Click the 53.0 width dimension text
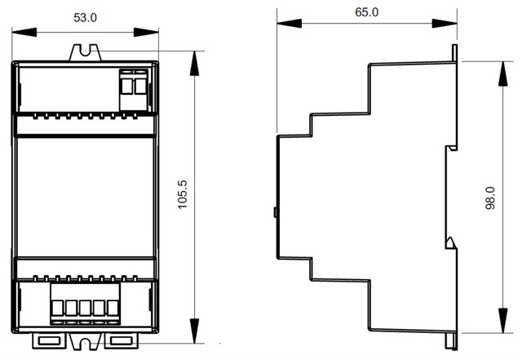coord(85,18)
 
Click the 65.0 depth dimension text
coord(366,12)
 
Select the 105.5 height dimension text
coord(183,194)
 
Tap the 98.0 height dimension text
coord(490,198)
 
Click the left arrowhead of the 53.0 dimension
coord(24,33)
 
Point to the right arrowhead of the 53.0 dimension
coord(146,33)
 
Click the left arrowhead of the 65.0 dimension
coord(289,24)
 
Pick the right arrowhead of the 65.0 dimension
coord(445,24)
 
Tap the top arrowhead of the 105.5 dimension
coord(194,64)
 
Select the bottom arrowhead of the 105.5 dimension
coord(194,331)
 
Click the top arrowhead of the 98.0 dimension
coord(503,73)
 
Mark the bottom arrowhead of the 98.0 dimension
coord(503,320)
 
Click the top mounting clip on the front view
coord(85,53)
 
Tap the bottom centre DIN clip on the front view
coord(86,342)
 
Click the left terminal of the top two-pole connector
coord(126,86)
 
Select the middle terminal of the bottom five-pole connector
coord(85,308)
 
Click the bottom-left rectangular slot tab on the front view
coord(49,340)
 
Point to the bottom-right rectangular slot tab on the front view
coord(122,340)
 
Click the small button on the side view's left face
coord(276,212)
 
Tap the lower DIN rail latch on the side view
coord(451,242)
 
